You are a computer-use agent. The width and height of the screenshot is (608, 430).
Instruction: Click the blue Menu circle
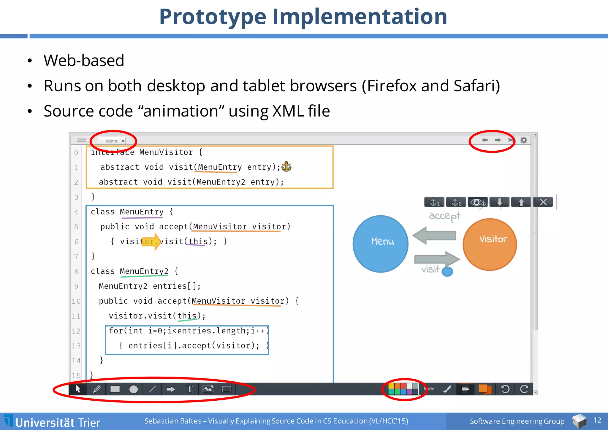tap(380, 243)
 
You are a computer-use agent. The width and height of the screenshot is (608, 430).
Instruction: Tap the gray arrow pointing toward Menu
tap(434, 235)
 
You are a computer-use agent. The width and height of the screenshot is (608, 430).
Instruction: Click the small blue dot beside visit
tap(447, 271)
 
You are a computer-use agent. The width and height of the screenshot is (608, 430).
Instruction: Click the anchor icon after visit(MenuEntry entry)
tap(286, 167)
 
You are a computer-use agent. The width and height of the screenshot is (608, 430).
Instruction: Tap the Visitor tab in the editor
tap(112, 141)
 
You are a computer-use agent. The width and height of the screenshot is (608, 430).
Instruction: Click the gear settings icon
tap(524, 140)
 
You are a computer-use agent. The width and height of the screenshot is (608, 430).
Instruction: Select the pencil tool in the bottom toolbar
tap(97, 389)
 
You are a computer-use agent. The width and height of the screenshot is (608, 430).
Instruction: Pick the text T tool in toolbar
tap(189, 389)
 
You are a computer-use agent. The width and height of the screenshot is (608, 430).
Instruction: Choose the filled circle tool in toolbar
tap(134, 389)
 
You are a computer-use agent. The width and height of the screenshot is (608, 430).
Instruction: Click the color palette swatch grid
tap(403, 389)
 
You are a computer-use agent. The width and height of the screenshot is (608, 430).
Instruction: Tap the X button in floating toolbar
tap(543, 202)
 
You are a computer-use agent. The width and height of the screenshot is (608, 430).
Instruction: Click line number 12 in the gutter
tap(76, 331)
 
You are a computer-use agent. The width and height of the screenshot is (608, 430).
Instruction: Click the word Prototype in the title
tap(213, 17)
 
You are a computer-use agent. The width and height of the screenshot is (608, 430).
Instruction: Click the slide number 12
tap(597, 420)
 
